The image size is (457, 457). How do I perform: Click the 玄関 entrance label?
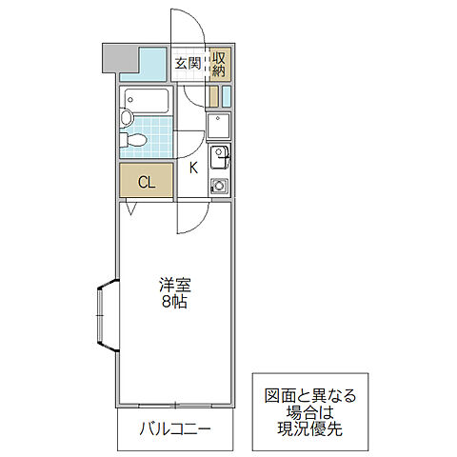pyautogui.click(x=188, y=64)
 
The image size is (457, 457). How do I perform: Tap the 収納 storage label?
pyautogui.click(x=219, y=64)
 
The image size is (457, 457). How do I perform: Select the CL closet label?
pyautogui.click(x=146, y=181)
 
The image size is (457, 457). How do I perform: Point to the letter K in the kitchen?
pyautogui.click(x=193, y=169)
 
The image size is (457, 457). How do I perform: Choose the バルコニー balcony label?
pyautogui.click(x=173, y=427)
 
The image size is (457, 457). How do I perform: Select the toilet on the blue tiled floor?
pyautogui.click(x=134, y=141)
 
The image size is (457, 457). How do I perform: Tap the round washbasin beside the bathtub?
pyautogui.click(x=126, y=118)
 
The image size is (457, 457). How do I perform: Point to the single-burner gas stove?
pyautogui.click(x=219, y=185)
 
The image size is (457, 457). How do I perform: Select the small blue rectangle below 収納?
pyautogui.click(x=228, y=95)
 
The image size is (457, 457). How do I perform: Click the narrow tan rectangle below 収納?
pyautogui.click(x=214, y=95)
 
